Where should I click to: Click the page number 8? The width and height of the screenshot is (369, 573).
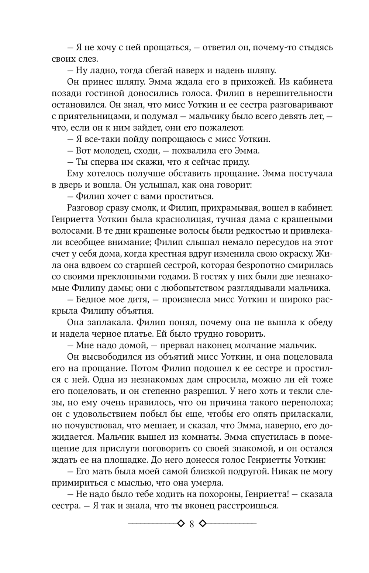[191, 524]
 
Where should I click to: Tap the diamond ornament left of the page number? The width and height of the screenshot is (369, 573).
[180, 524]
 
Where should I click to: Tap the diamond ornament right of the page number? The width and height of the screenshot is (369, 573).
[202, 524]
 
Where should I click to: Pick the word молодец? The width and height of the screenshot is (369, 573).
[110, 151]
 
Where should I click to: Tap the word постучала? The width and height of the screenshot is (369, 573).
[309, 174]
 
